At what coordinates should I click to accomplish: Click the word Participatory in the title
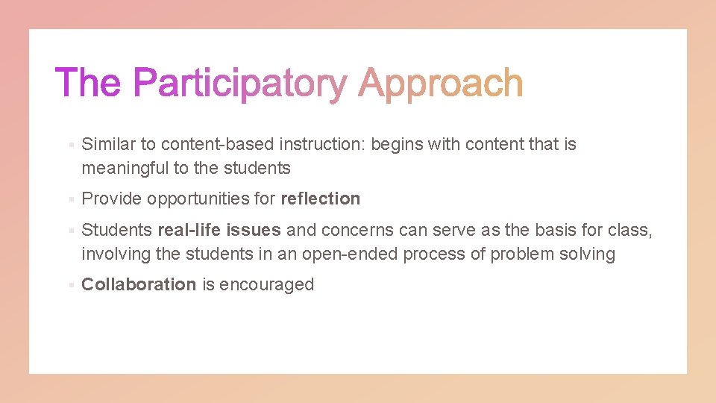[x=240, y=84]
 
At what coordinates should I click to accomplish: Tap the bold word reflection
[x=320, y=199]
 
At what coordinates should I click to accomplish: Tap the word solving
[x=587, y=254]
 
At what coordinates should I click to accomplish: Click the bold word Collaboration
[x=139, y=284]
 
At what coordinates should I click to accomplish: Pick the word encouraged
[x=266, y=284]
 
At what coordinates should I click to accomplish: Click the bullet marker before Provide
[x=69, y=199]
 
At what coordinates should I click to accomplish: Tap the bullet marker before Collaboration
[x=69, y=285]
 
